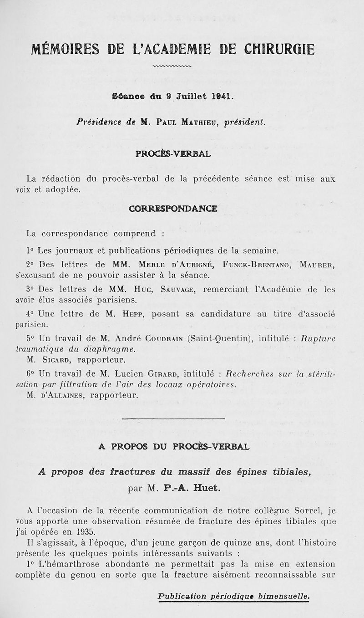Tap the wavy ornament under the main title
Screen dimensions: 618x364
(173, 70)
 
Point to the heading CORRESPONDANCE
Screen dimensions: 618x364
(173, 209)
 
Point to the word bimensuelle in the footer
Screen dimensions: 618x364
(284, 596)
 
